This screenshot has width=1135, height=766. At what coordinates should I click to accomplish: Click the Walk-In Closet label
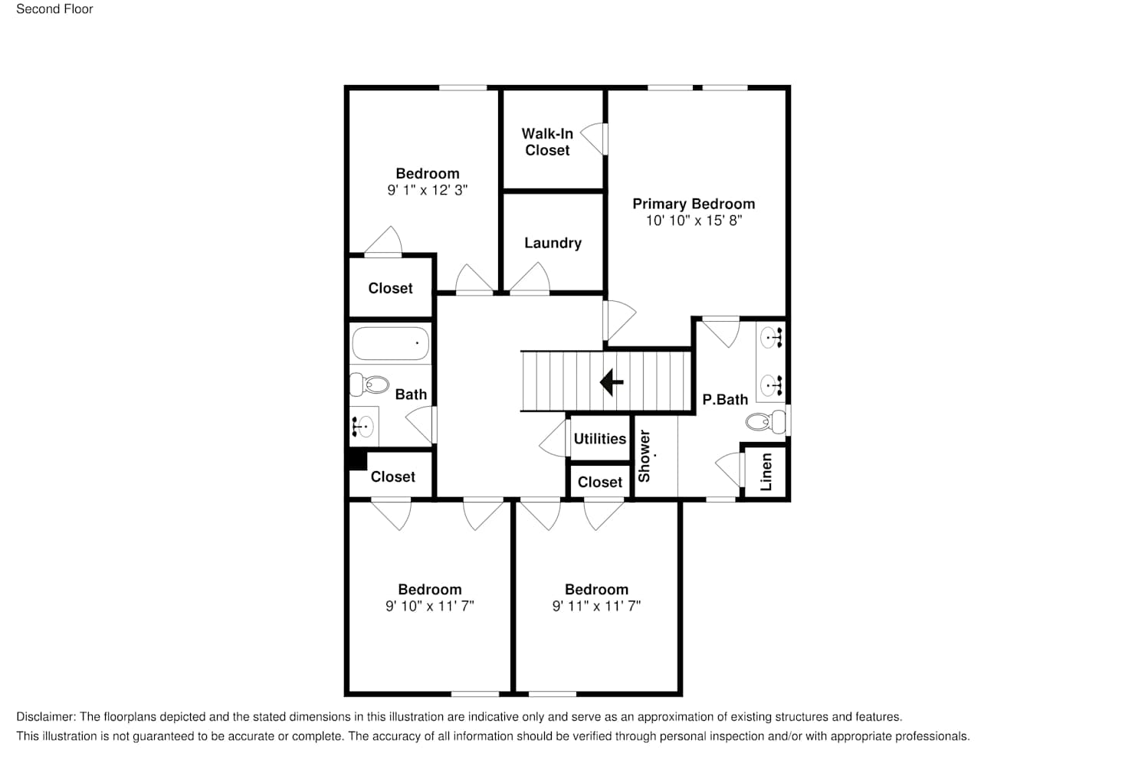(x=547, y=142)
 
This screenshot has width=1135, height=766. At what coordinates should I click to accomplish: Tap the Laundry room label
(x=553, y=243)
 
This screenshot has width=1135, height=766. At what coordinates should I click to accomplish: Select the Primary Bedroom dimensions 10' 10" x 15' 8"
(x=694, y=221)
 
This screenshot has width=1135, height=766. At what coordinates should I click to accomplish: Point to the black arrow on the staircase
(x=612, y=382)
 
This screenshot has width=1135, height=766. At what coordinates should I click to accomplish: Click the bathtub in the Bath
(x=391, y=343)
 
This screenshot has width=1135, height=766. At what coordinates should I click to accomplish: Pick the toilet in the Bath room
(x=369, y=385)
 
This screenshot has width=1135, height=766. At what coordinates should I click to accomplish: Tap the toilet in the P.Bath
(x=766, y=421)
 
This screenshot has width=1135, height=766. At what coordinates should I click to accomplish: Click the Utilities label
(x=600, y=439)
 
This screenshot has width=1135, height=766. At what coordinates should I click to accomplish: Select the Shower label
(x=644, y=456)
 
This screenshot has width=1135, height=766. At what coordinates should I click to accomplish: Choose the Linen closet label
(x=766, y=472)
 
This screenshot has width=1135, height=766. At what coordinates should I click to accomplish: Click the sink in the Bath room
(x=363, y=426)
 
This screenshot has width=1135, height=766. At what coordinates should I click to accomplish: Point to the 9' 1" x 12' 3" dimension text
(x=427, y=190)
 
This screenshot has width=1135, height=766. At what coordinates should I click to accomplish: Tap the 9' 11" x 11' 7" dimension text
(x=596, y=606)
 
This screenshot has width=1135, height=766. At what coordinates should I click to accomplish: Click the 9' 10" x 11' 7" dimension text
(x=430, y=606)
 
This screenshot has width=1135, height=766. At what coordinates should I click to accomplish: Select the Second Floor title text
(x=54, y=9)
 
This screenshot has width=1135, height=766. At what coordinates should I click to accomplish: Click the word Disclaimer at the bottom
(x=46, y=717)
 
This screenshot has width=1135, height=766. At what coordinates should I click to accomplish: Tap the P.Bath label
(x=725, y=400)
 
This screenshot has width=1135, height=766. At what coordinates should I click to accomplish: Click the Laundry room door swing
(x=530, y=278)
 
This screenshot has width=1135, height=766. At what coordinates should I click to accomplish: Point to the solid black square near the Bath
(x=358, y=460)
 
